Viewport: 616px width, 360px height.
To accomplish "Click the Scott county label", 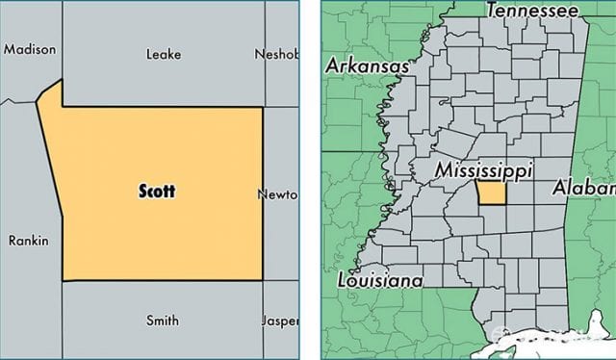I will click(155, 191).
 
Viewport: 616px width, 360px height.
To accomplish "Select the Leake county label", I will click(163, 54).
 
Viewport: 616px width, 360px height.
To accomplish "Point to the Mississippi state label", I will click(483, 170).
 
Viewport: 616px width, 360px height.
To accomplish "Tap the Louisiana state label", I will click(380, 281).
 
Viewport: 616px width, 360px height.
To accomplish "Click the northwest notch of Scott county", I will click(50, 93).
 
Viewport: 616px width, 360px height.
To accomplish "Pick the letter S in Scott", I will click(141, 191).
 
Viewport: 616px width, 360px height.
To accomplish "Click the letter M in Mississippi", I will click(442, 170).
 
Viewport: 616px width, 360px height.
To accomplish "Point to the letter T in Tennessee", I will click(493, 12).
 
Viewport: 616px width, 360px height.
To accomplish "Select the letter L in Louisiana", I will click(343, 281).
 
